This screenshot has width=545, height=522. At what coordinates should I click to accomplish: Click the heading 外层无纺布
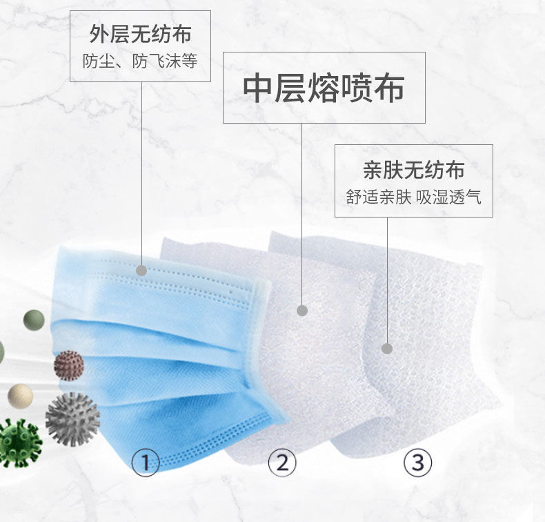(140, 34)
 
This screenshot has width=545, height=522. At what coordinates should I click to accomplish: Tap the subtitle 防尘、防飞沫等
(140, 61)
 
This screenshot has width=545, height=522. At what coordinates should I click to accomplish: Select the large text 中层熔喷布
(324, 88)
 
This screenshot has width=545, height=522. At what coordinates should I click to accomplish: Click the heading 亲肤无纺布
(414, 170)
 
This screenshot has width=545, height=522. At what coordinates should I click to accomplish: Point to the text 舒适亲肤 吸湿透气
(414, 197)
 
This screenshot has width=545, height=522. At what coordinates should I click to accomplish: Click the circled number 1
(146, 463)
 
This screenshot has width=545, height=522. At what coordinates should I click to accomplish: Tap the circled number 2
(283, 463)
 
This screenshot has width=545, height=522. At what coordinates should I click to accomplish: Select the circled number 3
(418, 463)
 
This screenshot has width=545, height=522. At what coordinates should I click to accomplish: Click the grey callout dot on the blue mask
(141, 270)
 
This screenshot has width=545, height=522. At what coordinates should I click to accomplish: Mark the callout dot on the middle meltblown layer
(302, 310)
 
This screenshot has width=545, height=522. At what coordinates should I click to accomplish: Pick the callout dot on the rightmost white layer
(387, 349)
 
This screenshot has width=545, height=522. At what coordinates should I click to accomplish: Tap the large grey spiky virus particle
(72, 419)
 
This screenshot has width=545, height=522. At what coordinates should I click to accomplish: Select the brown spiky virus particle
(69, 365)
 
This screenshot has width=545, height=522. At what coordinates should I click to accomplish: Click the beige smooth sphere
(20, 396)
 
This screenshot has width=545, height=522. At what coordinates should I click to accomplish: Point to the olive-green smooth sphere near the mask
(34, 320)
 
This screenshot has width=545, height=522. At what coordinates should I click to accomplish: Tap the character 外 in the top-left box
(99, 34)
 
